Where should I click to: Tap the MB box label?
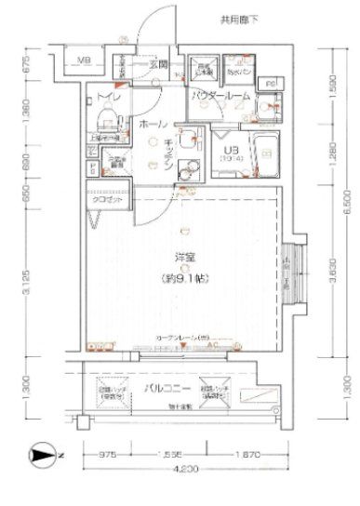[x=84, y=62]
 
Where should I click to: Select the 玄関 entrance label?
[x=155, y=65]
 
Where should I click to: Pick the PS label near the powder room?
[x=270, y=84]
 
